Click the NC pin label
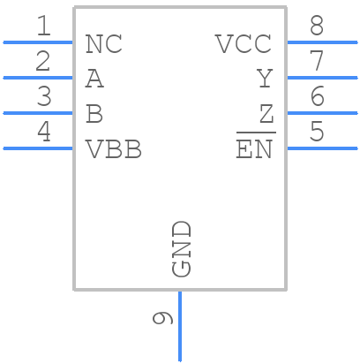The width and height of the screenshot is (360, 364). pyautogui.click(x=103, y=43)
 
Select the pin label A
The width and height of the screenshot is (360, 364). pyautogui.click(x=94, y=80)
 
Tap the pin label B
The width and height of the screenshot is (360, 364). pyautogui.click(x=94, y=114)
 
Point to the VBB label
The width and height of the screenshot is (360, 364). pyautogui.click(x=113, y=149)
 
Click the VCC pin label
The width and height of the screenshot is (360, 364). pyautogui.click(x=244, y=43)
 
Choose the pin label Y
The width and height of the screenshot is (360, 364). pyautogui.click(x=265, y=80)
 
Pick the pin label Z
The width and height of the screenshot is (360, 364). pyautogui.click(x=266, y=114)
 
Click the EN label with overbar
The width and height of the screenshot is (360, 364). pyautogui.click(x=255, y=149)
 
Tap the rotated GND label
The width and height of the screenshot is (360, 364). pyautogui.click(x=182, y=248)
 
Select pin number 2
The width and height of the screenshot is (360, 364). pyautogui.click(x=43, y=62)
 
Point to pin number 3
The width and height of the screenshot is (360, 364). pyautogui.click(x=43, y=97)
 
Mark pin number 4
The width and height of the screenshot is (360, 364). pyautogui.click(x=43, y=133)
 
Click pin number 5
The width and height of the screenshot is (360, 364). pyautogui.click(x=317, y=133)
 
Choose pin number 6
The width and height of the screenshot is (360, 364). pyautogui.click(x=317, y=97)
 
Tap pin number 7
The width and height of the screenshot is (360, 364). pyautogui.click(x=317, y=62)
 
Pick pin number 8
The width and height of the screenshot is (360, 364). pyautogui.click(x=317, y=27)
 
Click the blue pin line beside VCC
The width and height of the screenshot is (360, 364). pyautogui.click(x=322, y=42)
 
